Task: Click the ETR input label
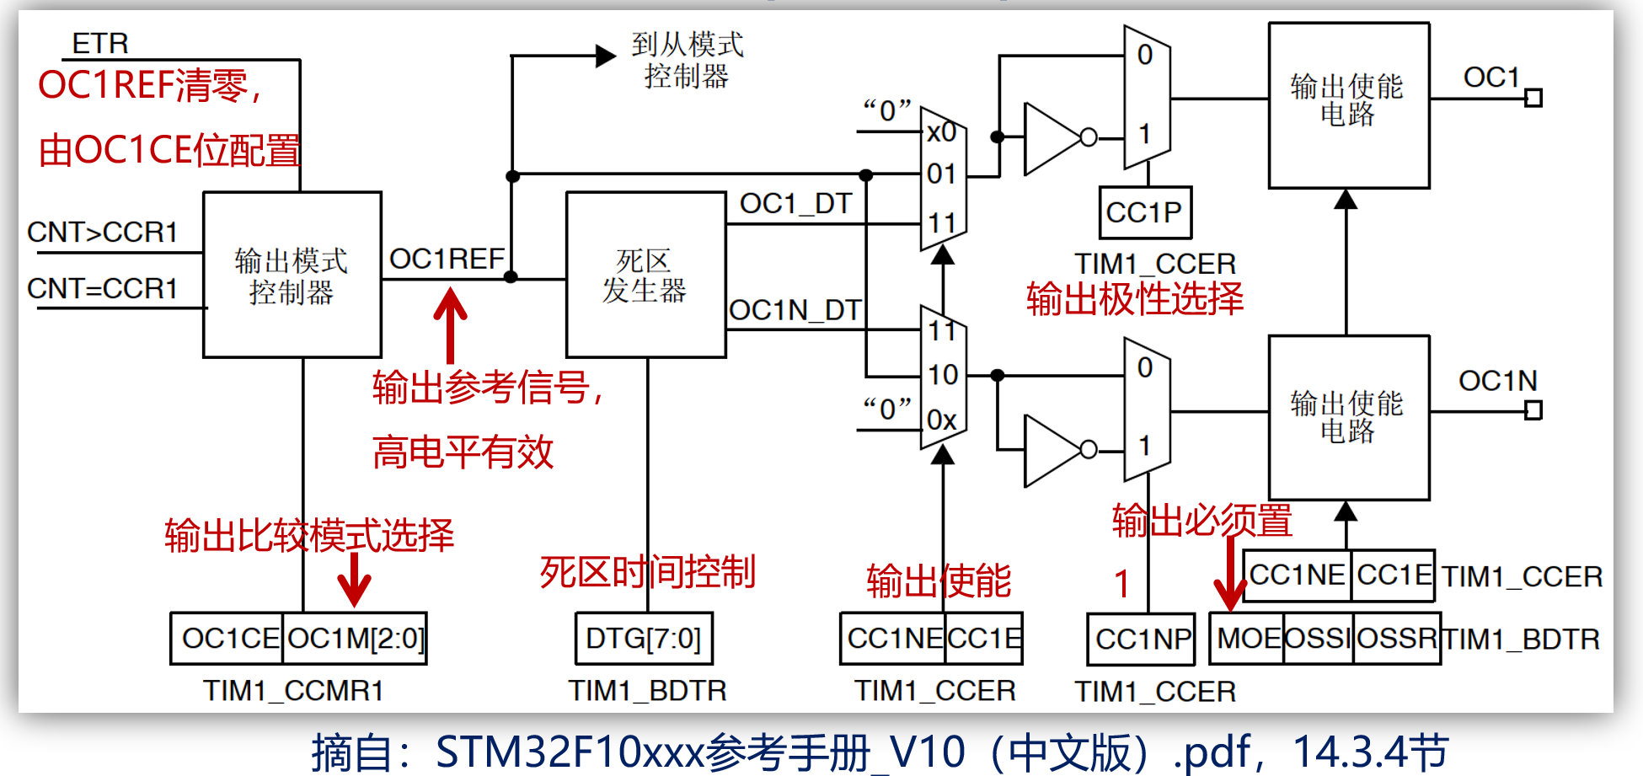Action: [x=100, y=43]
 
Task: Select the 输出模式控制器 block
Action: [x=292, y=275]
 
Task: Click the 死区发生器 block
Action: [x=646, y=275]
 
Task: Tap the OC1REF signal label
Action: [x=447, y=259]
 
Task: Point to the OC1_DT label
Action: [x=796, y=203]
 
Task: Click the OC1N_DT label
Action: [x=795, y=310]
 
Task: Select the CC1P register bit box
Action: [x=1145, y=212]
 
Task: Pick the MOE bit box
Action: [x=1247, y=638]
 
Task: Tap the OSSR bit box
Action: [x=1397, y=638]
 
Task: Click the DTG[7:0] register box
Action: [x=644, y=639]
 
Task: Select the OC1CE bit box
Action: [x=228, y=639]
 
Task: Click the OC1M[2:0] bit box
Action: [x=356, y=639]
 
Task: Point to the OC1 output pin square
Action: [x=1533, y=99]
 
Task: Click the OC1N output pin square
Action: [x=1533, y=411]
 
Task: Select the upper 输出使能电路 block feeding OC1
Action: [x=1349, y=105]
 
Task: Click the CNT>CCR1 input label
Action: [x=103, y=232]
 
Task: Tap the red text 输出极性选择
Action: [x=1135, y=299]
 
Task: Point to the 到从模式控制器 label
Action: [x=688, y=60]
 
